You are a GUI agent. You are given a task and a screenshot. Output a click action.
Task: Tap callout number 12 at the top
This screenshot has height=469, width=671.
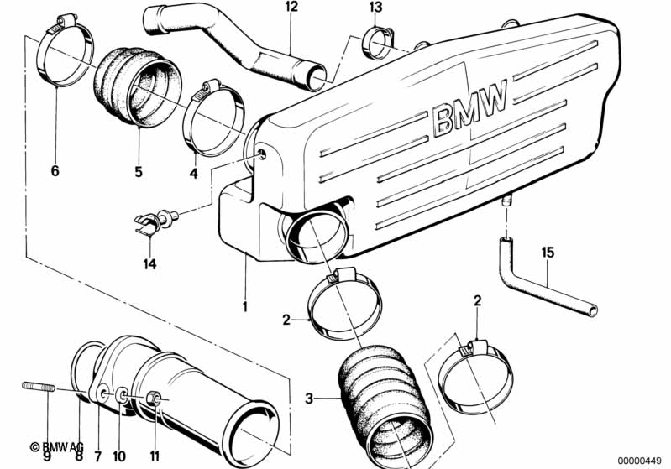click(x=291, y=8)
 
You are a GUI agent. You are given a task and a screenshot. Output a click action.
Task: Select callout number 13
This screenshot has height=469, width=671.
click(x=375, y=8)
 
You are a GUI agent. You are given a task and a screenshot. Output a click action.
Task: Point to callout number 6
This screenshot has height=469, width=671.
click(x=55, y=171)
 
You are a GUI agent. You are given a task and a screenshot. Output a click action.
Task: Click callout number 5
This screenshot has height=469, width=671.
click(x=139, y=172)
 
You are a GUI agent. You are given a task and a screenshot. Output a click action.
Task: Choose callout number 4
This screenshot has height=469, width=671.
click(x=194, y=174)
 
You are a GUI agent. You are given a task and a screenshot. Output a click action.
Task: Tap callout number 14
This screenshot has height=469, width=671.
click(x=149, y=263)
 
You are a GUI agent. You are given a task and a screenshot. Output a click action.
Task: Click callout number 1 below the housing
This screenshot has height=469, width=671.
click(x=245, y=306)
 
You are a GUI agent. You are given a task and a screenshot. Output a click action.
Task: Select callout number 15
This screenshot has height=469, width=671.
click(x=548, y=253)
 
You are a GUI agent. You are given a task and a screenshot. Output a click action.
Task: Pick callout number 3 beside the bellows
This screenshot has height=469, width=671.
click(x=309, y=399)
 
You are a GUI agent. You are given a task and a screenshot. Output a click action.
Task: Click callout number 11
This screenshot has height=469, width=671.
click(x=155, y=456)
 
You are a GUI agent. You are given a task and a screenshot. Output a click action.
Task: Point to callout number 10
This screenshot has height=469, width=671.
click(x=119, y=456)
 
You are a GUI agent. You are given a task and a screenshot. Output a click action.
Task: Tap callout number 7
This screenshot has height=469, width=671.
click(x=98, y=456)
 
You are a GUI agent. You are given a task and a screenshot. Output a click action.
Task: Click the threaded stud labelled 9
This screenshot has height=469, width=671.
click(x=39, y=387)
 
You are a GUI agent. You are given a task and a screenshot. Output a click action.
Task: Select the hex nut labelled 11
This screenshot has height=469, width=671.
click(x=153, y=399)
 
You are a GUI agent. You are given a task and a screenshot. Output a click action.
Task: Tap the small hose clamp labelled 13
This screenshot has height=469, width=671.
click(x=377, y=42)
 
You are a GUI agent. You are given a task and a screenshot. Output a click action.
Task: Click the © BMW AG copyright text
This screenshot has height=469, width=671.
click(x=57, y=447)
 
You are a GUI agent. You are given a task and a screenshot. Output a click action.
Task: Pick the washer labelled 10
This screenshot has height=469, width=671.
click(x=122, y=395)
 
